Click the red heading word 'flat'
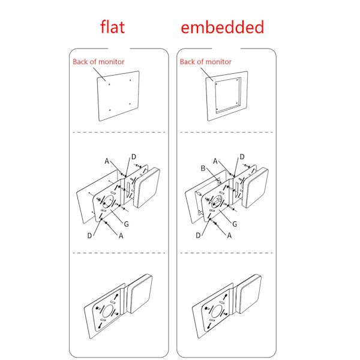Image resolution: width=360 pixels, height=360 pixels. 113,27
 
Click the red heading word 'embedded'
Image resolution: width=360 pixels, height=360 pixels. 222,27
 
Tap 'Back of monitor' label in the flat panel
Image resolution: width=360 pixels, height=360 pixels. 98,62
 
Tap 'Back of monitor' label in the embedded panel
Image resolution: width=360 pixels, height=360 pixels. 205,62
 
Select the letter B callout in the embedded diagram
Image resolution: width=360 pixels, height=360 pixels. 203,168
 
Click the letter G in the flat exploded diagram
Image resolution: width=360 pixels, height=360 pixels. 126,224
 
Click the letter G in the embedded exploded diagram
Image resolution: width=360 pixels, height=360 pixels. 235,224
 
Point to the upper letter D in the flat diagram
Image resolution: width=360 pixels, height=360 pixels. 134,157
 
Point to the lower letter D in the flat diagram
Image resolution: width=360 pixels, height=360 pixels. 90,236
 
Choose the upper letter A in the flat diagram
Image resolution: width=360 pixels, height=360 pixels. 107,161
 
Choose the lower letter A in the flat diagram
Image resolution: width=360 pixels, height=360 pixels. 121,236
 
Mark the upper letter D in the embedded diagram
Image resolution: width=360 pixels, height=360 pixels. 242,157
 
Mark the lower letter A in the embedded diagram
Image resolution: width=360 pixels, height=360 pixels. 229,236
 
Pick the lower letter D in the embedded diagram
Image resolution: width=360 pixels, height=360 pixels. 198,236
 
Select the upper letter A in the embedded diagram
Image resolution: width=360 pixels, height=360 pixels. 215,161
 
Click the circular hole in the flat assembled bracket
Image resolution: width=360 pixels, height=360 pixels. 107,311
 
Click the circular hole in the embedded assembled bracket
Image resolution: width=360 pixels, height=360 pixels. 216,311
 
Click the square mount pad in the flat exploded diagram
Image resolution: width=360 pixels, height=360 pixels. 147,188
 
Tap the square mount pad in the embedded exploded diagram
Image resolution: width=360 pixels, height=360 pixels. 256,188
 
